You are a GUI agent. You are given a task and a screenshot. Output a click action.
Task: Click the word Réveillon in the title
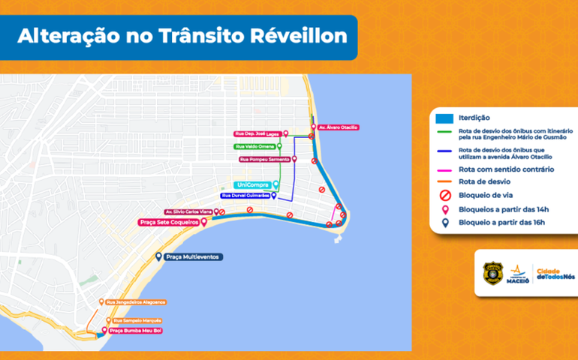[x=298, y=37]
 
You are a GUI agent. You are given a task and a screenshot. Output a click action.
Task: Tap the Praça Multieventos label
[x=194, y=257]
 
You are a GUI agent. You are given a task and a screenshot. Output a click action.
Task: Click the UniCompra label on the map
[x=253, y=184]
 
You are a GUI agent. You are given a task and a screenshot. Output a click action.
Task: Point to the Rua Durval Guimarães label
[x=245, y=195]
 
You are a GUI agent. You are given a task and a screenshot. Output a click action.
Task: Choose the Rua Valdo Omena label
[x=254, y=146]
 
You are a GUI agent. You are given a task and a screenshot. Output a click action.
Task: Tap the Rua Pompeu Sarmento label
[x=264, y=160]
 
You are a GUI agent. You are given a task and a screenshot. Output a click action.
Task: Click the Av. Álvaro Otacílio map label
[x=337, y=127]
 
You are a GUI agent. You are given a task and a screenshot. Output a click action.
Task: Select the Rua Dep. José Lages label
[x=257, y=133]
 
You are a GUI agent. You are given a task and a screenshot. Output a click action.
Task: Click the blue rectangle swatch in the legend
[x=444, y=118]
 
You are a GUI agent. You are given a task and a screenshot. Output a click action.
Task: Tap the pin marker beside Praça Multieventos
[x=158, y=256]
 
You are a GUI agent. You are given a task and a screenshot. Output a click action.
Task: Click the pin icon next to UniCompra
[x=276, y=184]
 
